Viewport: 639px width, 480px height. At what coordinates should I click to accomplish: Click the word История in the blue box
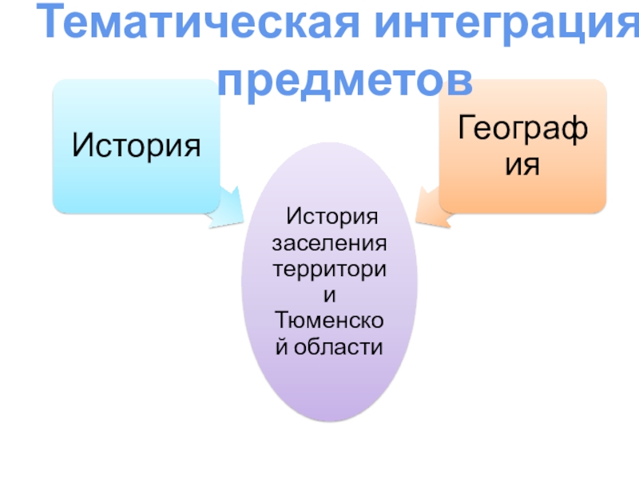point(136,146)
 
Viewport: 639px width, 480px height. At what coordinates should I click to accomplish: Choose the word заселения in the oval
point(330,242)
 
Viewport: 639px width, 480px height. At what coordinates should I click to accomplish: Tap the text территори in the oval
point(330,268)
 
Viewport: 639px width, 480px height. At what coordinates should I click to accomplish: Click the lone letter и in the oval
point(330,294)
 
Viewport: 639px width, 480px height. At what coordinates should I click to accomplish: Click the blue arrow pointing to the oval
point(228,206)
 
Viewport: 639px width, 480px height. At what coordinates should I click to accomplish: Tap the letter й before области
point(282,347)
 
